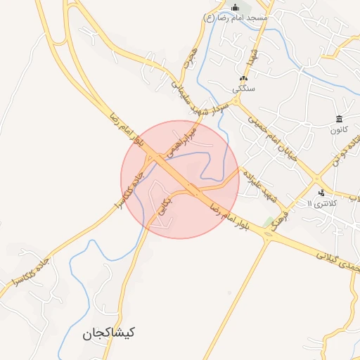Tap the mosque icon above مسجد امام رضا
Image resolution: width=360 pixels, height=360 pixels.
pyautogui.click(x=236, y=8)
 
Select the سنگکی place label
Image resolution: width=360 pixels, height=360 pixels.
pyautogui.click(x=244, y=89)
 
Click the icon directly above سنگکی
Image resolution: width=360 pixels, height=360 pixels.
pyautogui.click(x=244, y=79)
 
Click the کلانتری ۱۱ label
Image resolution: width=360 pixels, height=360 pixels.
pyautogui.click(x=323, y=203)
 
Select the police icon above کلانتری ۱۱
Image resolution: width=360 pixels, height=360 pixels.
pyautogui.click(x=321, y=193)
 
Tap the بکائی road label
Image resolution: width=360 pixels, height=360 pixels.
pyautogui.click(x=163, y=204)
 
